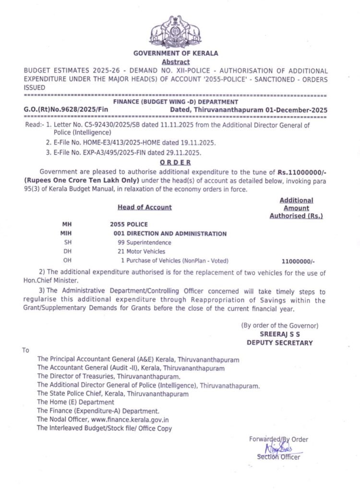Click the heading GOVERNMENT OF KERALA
tap(175, 54)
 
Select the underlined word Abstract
tap(176, 62)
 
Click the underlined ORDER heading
tap(175, 162)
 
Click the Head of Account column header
tap(144, 207)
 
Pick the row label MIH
tap(67, 234)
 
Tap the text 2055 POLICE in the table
tap(129, 224)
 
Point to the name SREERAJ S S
tap(279, 334)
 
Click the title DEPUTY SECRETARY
tap(279, 343)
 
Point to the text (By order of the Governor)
tap(279, 325)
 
